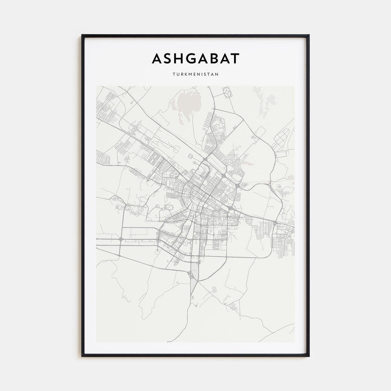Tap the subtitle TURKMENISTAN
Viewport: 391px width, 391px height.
pos(195,74)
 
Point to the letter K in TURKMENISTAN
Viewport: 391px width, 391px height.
pos(184,74)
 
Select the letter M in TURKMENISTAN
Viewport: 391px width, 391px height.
pos(190,74)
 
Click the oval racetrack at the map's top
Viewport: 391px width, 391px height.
pos(227,92)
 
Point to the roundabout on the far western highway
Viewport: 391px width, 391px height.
pos(120,239)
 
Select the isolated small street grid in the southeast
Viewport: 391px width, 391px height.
pos(235,308)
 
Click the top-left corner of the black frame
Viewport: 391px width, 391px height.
pos(83,36)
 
